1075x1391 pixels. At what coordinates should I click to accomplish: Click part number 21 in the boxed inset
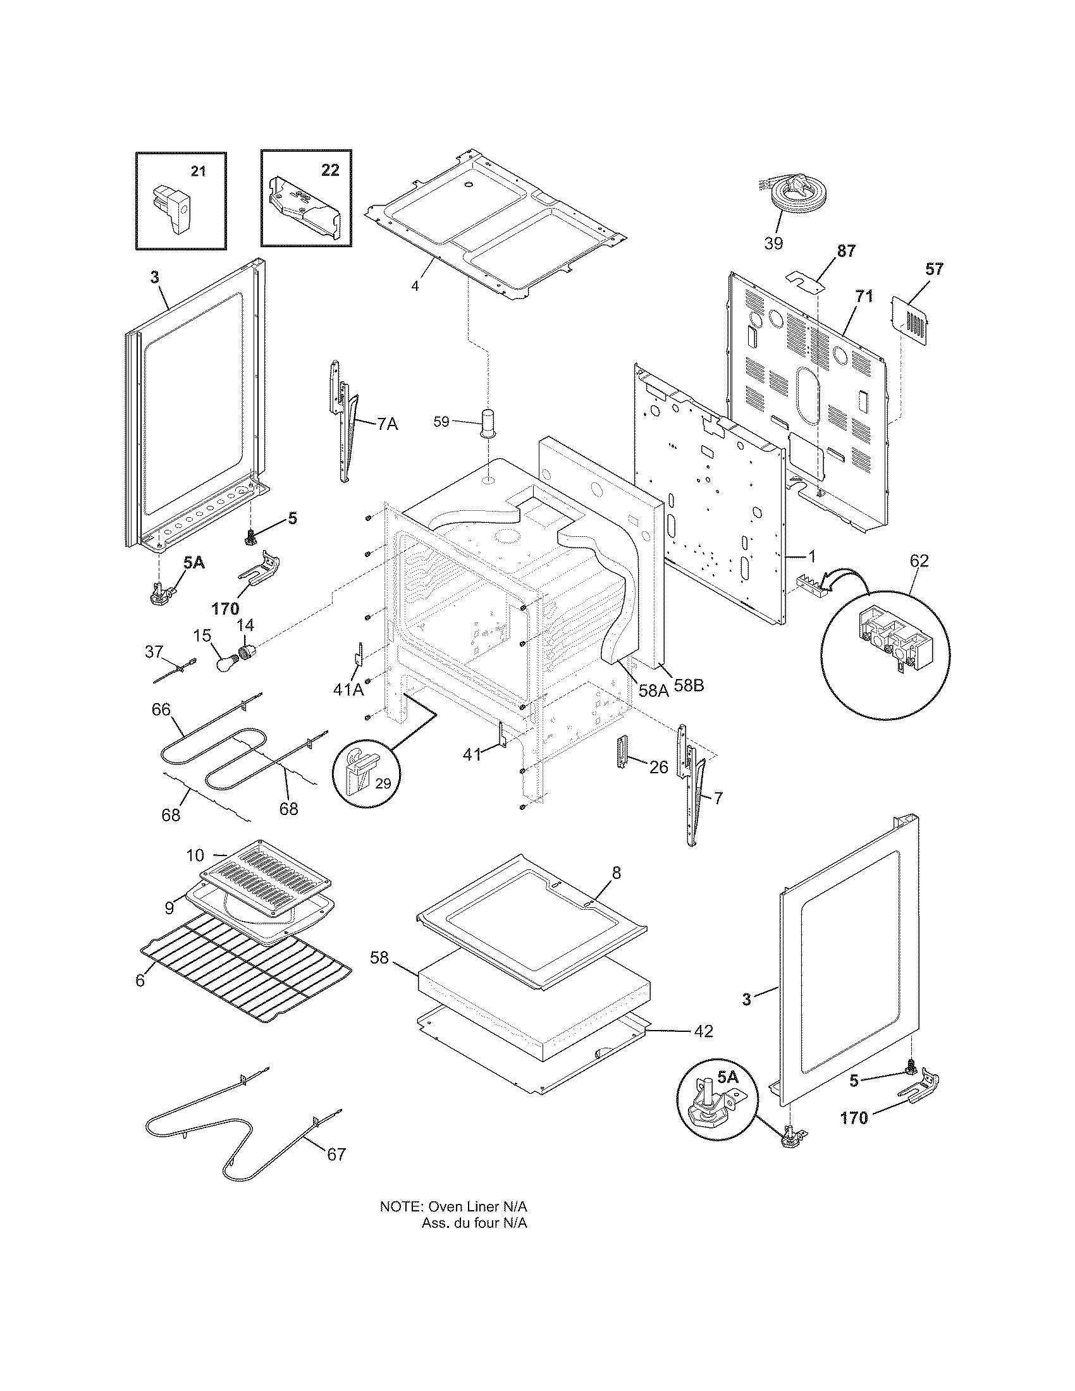point(199,171)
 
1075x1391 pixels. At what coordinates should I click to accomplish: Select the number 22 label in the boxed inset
point(329,171)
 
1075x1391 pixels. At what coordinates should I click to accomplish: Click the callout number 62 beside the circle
point(919,561)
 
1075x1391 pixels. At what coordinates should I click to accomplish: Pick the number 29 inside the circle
point(383,784)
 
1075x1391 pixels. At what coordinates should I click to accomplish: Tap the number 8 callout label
point(616,873)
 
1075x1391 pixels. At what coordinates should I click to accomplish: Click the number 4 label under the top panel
point(415,286)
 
